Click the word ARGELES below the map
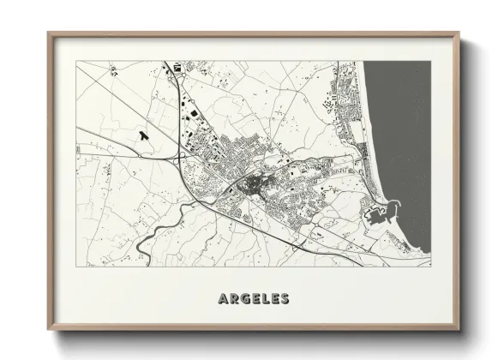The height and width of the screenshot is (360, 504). click(253, 298)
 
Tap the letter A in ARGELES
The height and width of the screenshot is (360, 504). click(224, 298)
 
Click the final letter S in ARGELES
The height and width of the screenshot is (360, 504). click(284, 298)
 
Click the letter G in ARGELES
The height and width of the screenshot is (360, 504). click(244, 298)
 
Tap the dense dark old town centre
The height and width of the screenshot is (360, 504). click(253, 183)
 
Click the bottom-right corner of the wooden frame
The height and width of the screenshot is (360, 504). click(459, 329)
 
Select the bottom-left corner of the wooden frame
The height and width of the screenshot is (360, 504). click(49, 329)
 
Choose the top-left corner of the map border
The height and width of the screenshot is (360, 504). click(76, 61)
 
